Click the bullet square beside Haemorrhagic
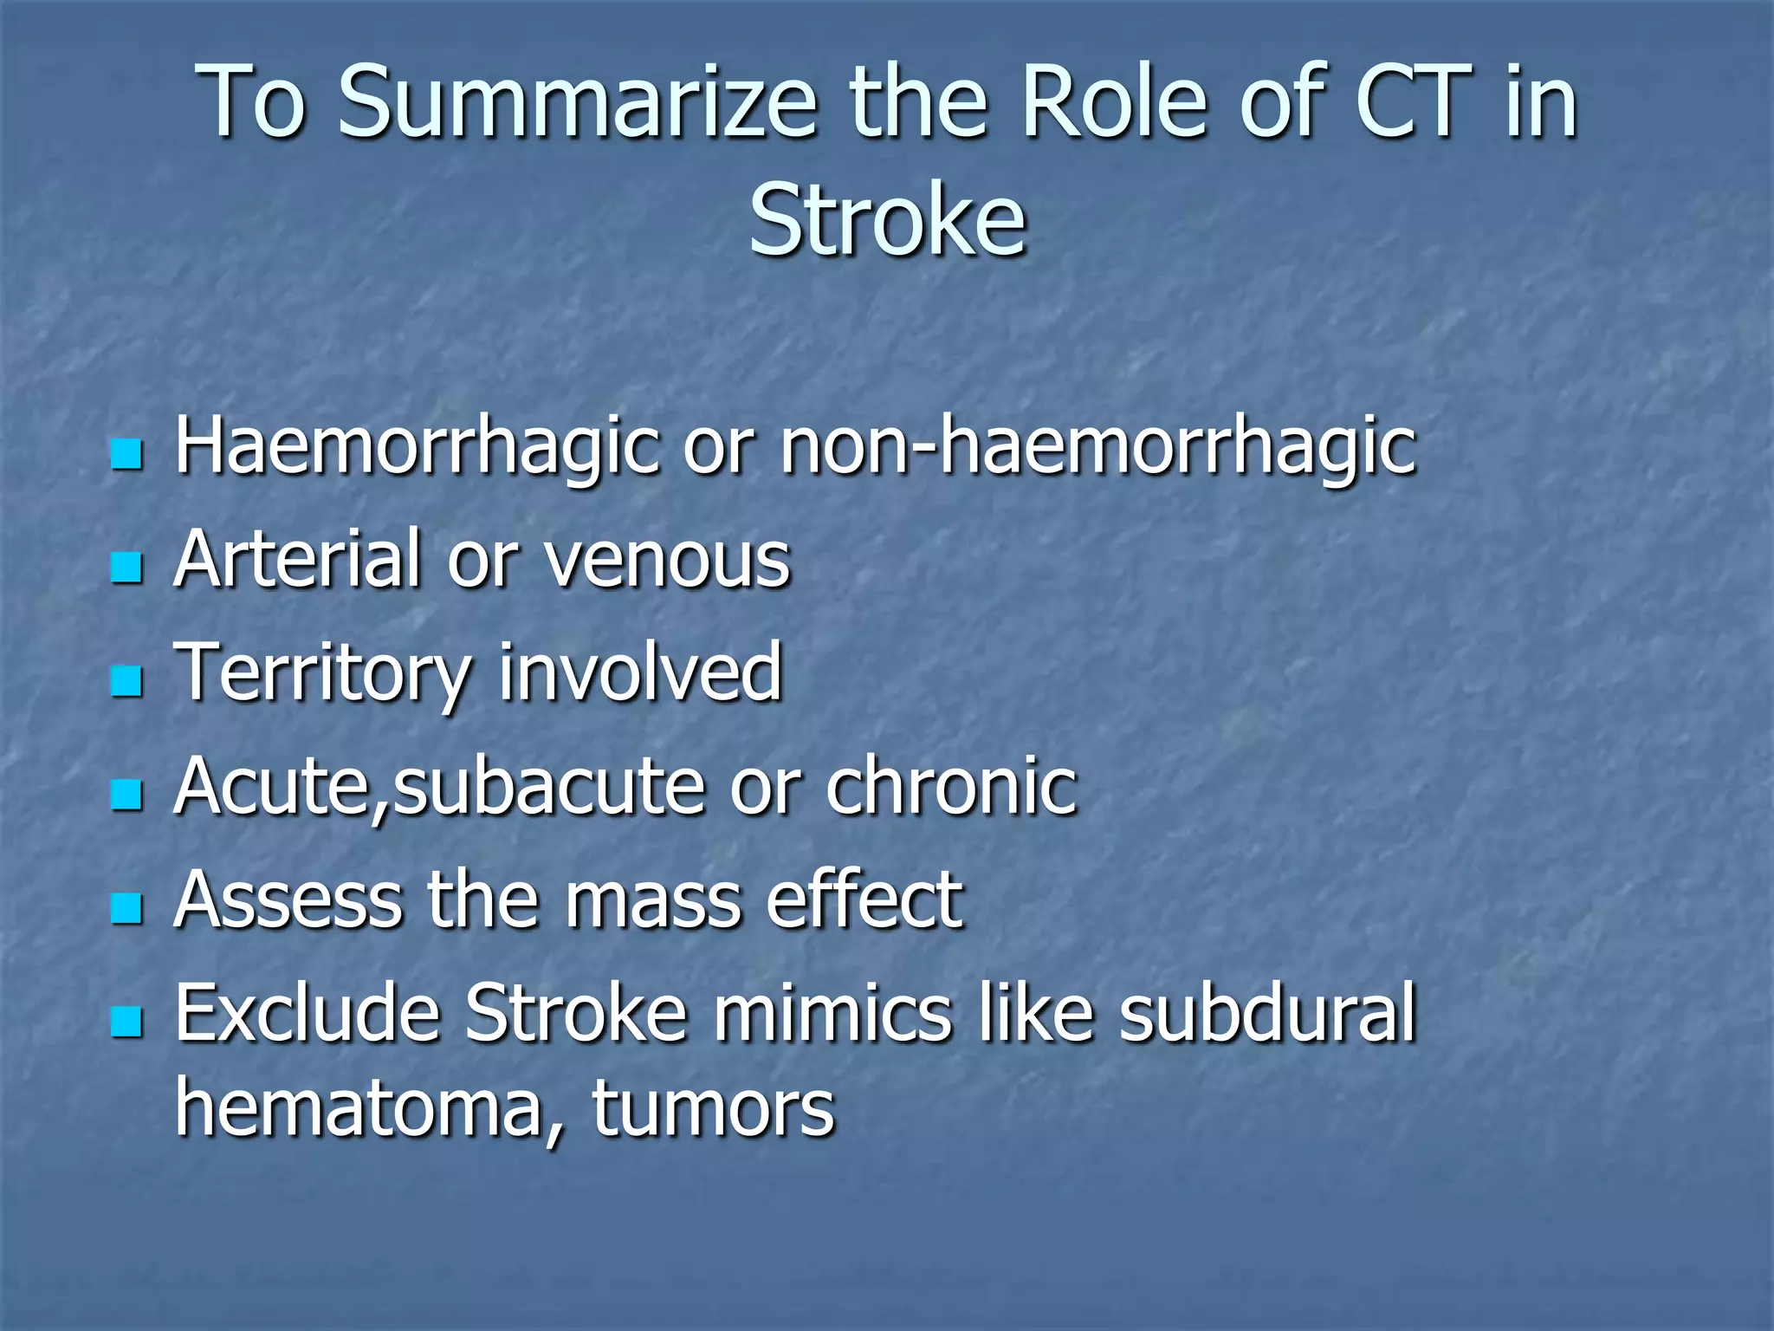coord(126,453)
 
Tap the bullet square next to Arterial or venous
coord(126,568)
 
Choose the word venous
coord(667,562)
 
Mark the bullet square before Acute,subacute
coord(126,795)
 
